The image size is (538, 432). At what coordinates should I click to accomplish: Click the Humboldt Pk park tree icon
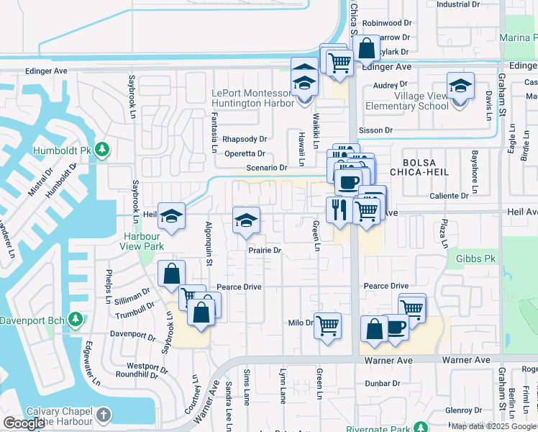pos(103,149)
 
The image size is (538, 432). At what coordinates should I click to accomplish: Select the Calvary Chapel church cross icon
pos(104,415)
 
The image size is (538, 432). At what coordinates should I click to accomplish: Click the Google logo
pos(24,423)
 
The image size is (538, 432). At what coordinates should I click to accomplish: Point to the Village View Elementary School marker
pos(460,87)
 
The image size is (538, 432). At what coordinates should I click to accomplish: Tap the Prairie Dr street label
pos(264,251)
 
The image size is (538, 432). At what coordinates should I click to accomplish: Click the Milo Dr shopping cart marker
pos(328,325)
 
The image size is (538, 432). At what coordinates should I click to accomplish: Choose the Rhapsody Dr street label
pos(245,139)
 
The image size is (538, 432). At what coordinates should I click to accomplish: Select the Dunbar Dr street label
pos(381,384)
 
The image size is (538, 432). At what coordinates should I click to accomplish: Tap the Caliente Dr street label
pos(450,195)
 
